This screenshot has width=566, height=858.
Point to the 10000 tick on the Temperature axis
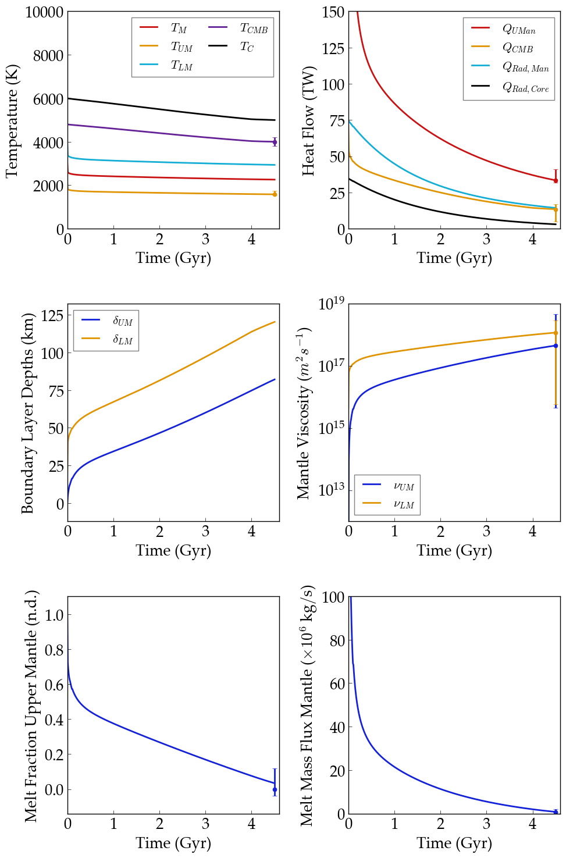44,12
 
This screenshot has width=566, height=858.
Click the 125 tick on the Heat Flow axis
333,48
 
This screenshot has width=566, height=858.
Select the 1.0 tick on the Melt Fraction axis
54,615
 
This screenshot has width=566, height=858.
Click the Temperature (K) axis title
12,121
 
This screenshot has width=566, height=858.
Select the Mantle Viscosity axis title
303,414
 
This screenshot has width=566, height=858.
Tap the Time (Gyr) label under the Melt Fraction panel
173,843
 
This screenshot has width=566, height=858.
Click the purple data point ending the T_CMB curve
275,142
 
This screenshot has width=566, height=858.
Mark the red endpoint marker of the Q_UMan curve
556,180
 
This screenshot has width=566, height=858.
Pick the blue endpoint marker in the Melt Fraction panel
275,790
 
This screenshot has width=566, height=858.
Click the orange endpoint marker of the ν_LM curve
556,333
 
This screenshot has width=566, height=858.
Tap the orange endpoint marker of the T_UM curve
275,194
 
